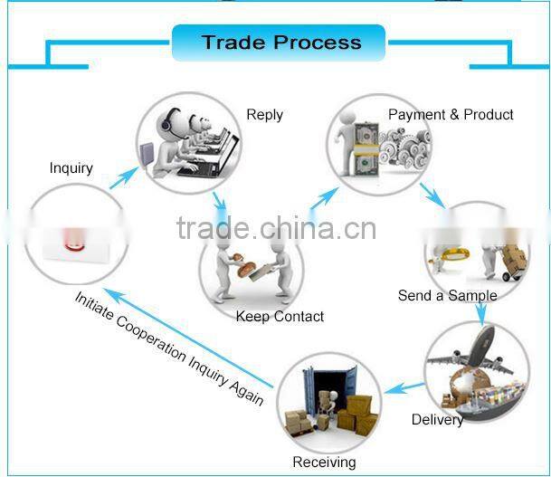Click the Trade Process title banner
coord(279,43)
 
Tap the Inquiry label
coord(71,168)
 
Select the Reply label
coord(264,115)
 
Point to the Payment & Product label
coord(451,115)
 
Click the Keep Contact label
coord(280,317)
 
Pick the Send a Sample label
coord(447,296)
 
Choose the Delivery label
coord(437,419)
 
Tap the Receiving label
coord(324,462)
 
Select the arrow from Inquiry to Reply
coord(124,178)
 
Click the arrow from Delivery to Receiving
coord(404,388)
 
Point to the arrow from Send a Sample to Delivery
coord(481,311)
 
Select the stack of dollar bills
coord(366,149)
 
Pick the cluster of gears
coord(405,148)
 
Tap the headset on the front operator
coord(168,120)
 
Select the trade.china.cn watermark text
coord(276,228)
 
